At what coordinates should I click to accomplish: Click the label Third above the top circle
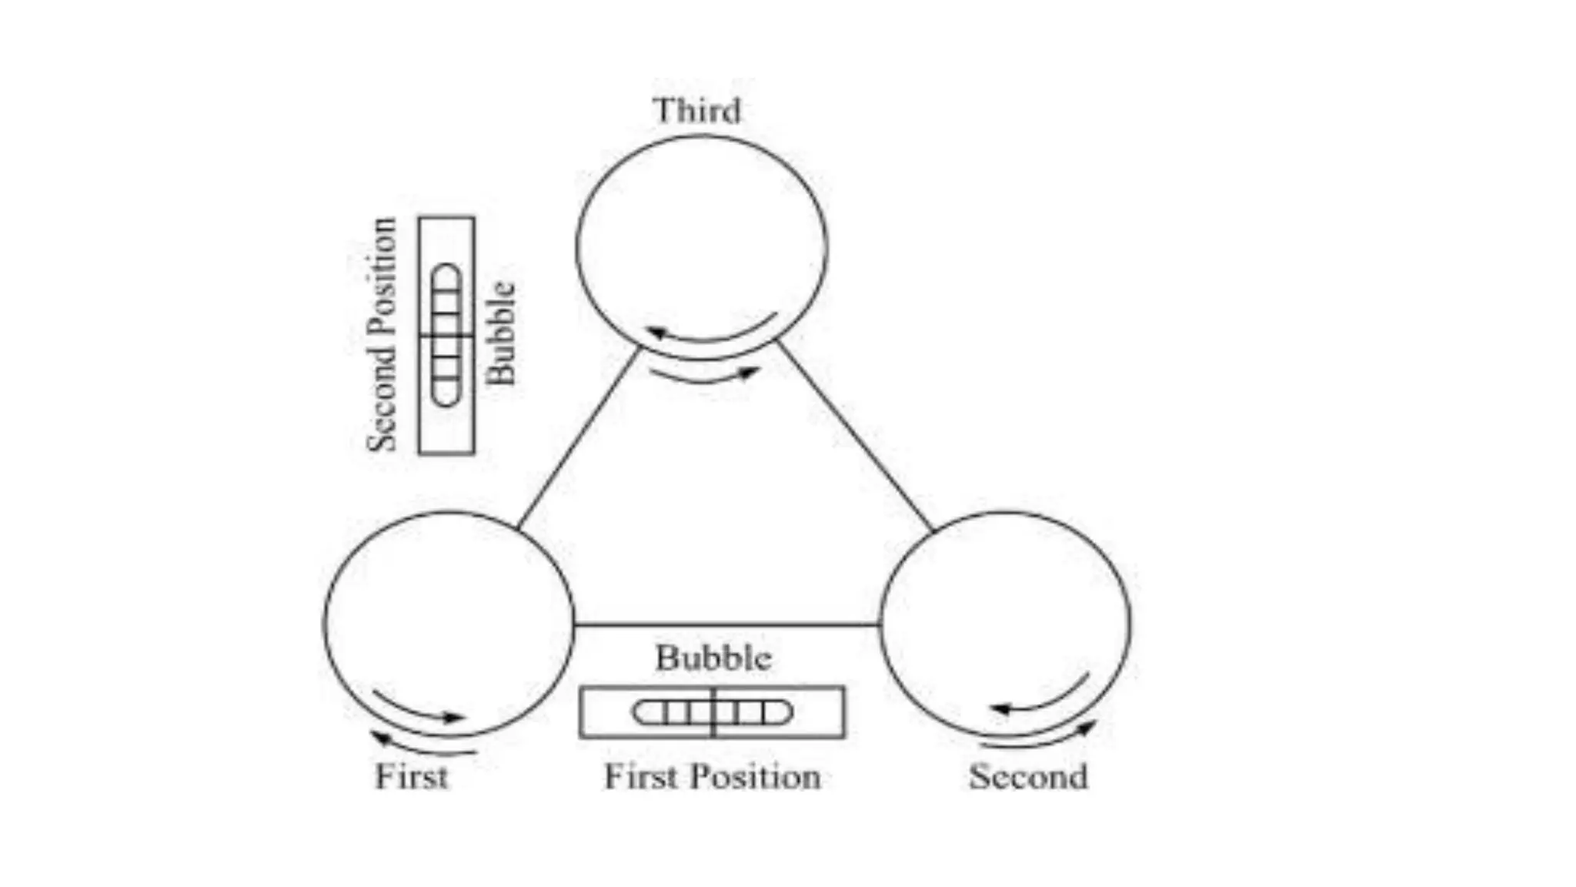[x=697, y=111]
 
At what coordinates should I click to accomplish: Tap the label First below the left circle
[x=411, y=776]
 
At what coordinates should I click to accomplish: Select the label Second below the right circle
[x=1028, y=776]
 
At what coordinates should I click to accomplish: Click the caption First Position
[x=712, y=776]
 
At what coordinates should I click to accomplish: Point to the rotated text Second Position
[x=382, y=335]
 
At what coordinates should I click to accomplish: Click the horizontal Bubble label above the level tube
[x=713, y=658]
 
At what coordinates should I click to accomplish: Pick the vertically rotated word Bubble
[x=501, y=333]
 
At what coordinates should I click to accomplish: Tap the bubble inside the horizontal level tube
[x=712, y=712]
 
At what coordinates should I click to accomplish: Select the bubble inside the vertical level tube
[x=446, y=335]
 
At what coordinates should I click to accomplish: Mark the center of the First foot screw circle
[x=449, y=624]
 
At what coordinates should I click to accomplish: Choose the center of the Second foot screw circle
[x=1005, y=624]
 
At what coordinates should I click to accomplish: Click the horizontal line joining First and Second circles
[x=726, y=624]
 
